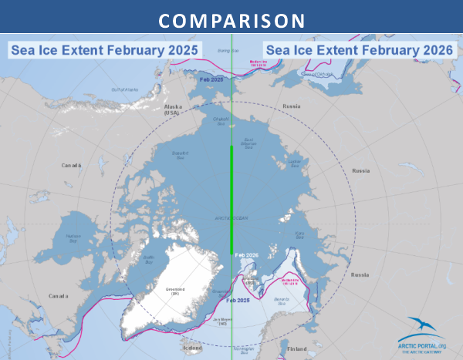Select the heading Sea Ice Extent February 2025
(x=103, y=50)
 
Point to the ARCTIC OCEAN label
(x=231, y=219)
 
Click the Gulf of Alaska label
(x=124, y=89)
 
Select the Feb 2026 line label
(x=247, y=255)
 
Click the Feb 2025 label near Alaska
(x=211, y=79)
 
